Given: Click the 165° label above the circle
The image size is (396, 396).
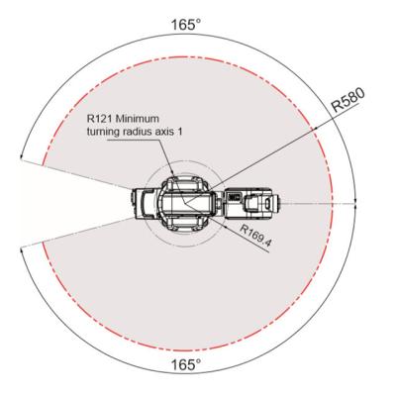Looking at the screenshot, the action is click(186, 25).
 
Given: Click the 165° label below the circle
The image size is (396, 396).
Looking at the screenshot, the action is click(186, 365).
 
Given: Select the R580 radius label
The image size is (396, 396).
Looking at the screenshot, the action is click(348, 100).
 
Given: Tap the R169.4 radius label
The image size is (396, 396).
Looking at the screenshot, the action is click(255, 236).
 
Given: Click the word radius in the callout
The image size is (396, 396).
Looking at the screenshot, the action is click(138, 132).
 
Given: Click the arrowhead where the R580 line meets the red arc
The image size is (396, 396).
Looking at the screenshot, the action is click(315, 128).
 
